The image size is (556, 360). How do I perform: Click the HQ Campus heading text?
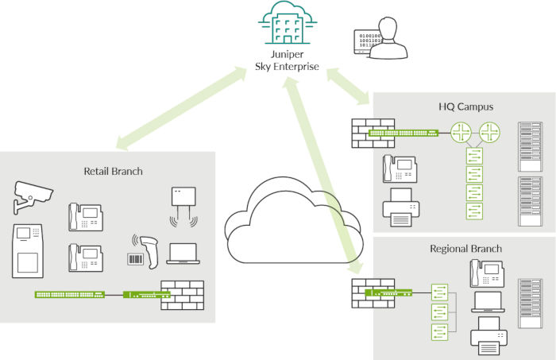point(465,106)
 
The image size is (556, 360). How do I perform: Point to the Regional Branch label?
point(465,249)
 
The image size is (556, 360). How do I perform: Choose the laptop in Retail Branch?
point(183,253)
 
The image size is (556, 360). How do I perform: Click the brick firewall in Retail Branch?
point(183,296)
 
